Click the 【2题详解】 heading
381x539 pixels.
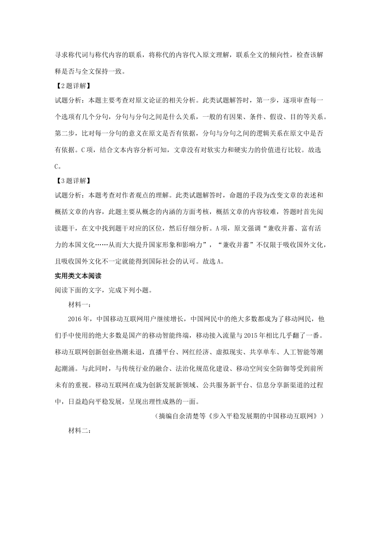(x=73, y=86)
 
